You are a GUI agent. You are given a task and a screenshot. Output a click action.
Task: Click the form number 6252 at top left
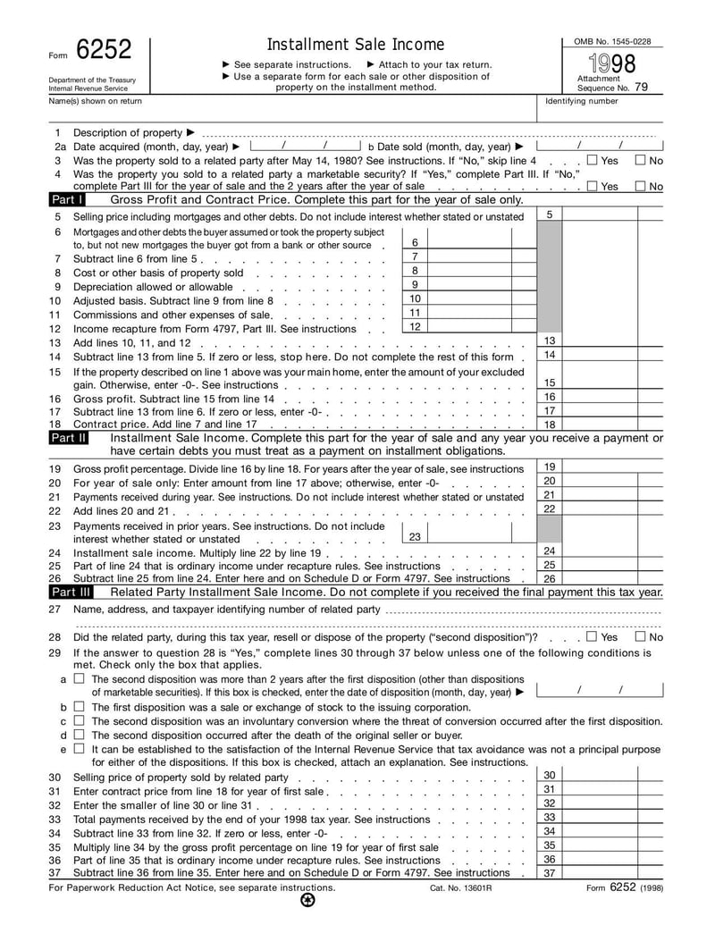pos(104,50)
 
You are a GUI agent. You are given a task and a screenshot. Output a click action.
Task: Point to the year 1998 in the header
pos(612,63)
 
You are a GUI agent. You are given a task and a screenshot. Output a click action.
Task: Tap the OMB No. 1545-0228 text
pos(612,41)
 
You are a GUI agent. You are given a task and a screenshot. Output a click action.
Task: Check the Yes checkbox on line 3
pos(593,160)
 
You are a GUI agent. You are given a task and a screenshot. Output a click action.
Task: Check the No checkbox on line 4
pos(640,186)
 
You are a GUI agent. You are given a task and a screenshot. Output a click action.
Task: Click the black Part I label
pos(67,200)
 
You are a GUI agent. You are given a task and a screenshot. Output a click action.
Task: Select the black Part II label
pos(69,438)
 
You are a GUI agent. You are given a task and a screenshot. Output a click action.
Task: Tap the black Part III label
pos(71,592)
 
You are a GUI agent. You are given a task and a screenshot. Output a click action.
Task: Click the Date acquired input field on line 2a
pos(304,146)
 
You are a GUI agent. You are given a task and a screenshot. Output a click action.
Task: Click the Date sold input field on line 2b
pos(599,146)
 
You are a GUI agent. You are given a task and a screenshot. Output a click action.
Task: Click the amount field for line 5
pos(612,215)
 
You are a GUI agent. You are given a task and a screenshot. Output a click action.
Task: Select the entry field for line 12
pos(469,327)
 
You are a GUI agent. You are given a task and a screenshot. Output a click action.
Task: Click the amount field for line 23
pos(469,536)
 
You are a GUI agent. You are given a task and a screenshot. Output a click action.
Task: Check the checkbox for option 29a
pos(80,678)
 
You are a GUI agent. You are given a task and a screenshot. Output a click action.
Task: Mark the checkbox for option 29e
pos(80,749)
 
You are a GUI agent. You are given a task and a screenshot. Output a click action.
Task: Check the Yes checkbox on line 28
pos(593,637)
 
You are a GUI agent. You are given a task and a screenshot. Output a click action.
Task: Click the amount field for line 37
pos(612,873)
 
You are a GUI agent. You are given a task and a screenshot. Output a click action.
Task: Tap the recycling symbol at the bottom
pos(308,901)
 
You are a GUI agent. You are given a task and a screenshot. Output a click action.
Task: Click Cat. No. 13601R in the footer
pos(461,888)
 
